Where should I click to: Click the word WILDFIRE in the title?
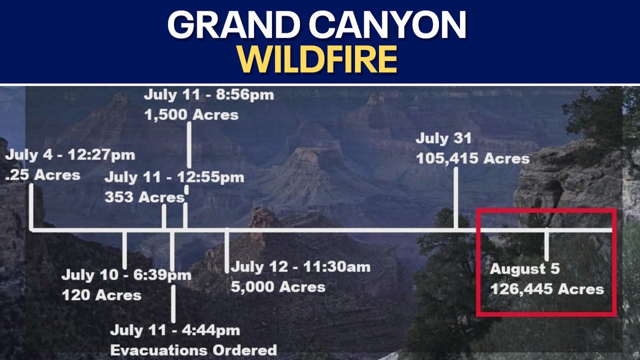(317, 59)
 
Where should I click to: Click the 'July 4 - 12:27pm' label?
(70, 156)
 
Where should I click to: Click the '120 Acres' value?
(101, 295)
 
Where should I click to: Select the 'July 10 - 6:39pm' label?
(126, 275)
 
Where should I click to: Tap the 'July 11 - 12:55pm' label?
(174, 177)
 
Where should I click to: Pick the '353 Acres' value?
(144, 197)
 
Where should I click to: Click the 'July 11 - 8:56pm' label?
(209, 95)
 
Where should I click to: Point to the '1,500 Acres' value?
(191, 115)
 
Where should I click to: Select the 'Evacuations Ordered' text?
(193, 350)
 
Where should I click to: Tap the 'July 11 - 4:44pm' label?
(175, 330)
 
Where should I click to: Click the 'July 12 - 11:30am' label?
(301, 267)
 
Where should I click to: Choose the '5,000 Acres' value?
(278, 287)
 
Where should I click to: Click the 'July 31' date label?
(443, 139)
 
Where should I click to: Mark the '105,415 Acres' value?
(472, 159)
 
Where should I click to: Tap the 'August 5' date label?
(524, 269)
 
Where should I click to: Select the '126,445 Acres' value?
(546, 289)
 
